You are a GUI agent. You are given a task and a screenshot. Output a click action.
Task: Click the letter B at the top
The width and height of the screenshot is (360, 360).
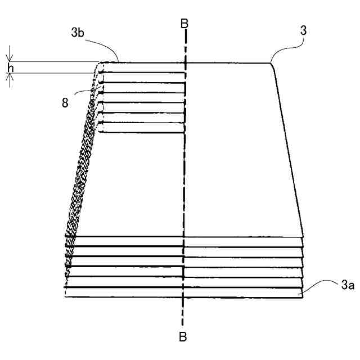point(184,24)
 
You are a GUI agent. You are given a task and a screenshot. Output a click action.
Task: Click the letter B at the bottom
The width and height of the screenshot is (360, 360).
point(183,337)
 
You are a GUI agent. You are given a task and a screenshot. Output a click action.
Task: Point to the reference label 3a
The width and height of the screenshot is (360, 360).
point(332,286)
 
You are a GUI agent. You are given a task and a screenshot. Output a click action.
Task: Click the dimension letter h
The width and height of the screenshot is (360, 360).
point(9,68)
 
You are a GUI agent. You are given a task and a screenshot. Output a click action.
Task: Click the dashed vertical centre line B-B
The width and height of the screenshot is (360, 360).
point(184,169)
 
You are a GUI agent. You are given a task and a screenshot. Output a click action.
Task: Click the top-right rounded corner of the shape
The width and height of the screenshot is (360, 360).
point(272,64)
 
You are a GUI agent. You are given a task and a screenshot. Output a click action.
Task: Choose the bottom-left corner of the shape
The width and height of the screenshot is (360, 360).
point(65,296)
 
